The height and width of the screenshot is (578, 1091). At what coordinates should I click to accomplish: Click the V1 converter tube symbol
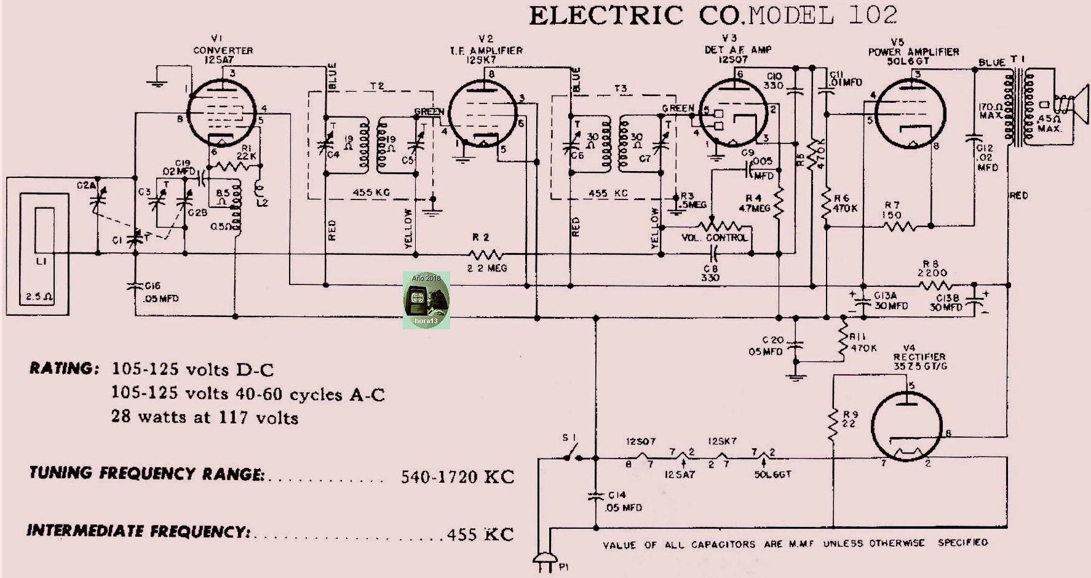221,113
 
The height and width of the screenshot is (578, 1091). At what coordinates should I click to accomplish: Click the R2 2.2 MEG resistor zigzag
486,254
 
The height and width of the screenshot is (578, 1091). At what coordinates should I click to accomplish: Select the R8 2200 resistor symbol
936,285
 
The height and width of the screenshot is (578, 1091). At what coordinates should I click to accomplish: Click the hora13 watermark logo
426,300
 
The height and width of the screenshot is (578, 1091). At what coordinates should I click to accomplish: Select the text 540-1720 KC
457,477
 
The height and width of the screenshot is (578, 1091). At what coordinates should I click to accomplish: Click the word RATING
63,369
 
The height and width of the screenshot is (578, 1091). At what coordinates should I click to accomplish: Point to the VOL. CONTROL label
715,238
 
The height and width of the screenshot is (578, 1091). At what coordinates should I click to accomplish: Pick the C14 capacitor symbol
595,496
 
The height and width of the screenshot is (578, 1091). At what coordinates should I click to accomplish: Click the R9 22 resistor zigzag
833,425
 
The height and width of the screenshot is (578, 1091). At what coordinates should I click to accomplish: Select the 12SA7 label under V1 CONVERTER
215,59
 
